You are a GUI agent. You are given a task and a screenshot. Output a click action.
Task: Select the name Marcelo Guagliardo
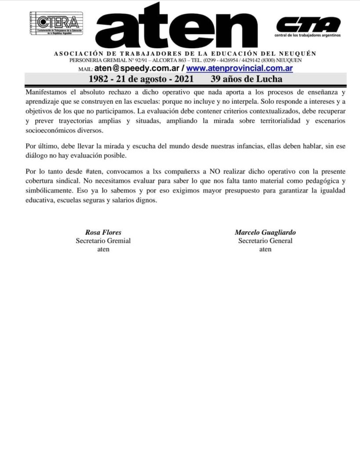265,232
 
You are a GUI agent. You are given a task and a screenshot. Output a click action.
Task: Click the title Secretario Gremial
103,240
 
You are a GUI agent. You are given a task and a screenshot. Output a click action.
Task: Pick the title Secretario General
265,240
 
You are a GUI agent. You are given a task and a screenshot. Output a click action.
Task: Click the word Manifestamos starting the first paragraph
45,93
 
